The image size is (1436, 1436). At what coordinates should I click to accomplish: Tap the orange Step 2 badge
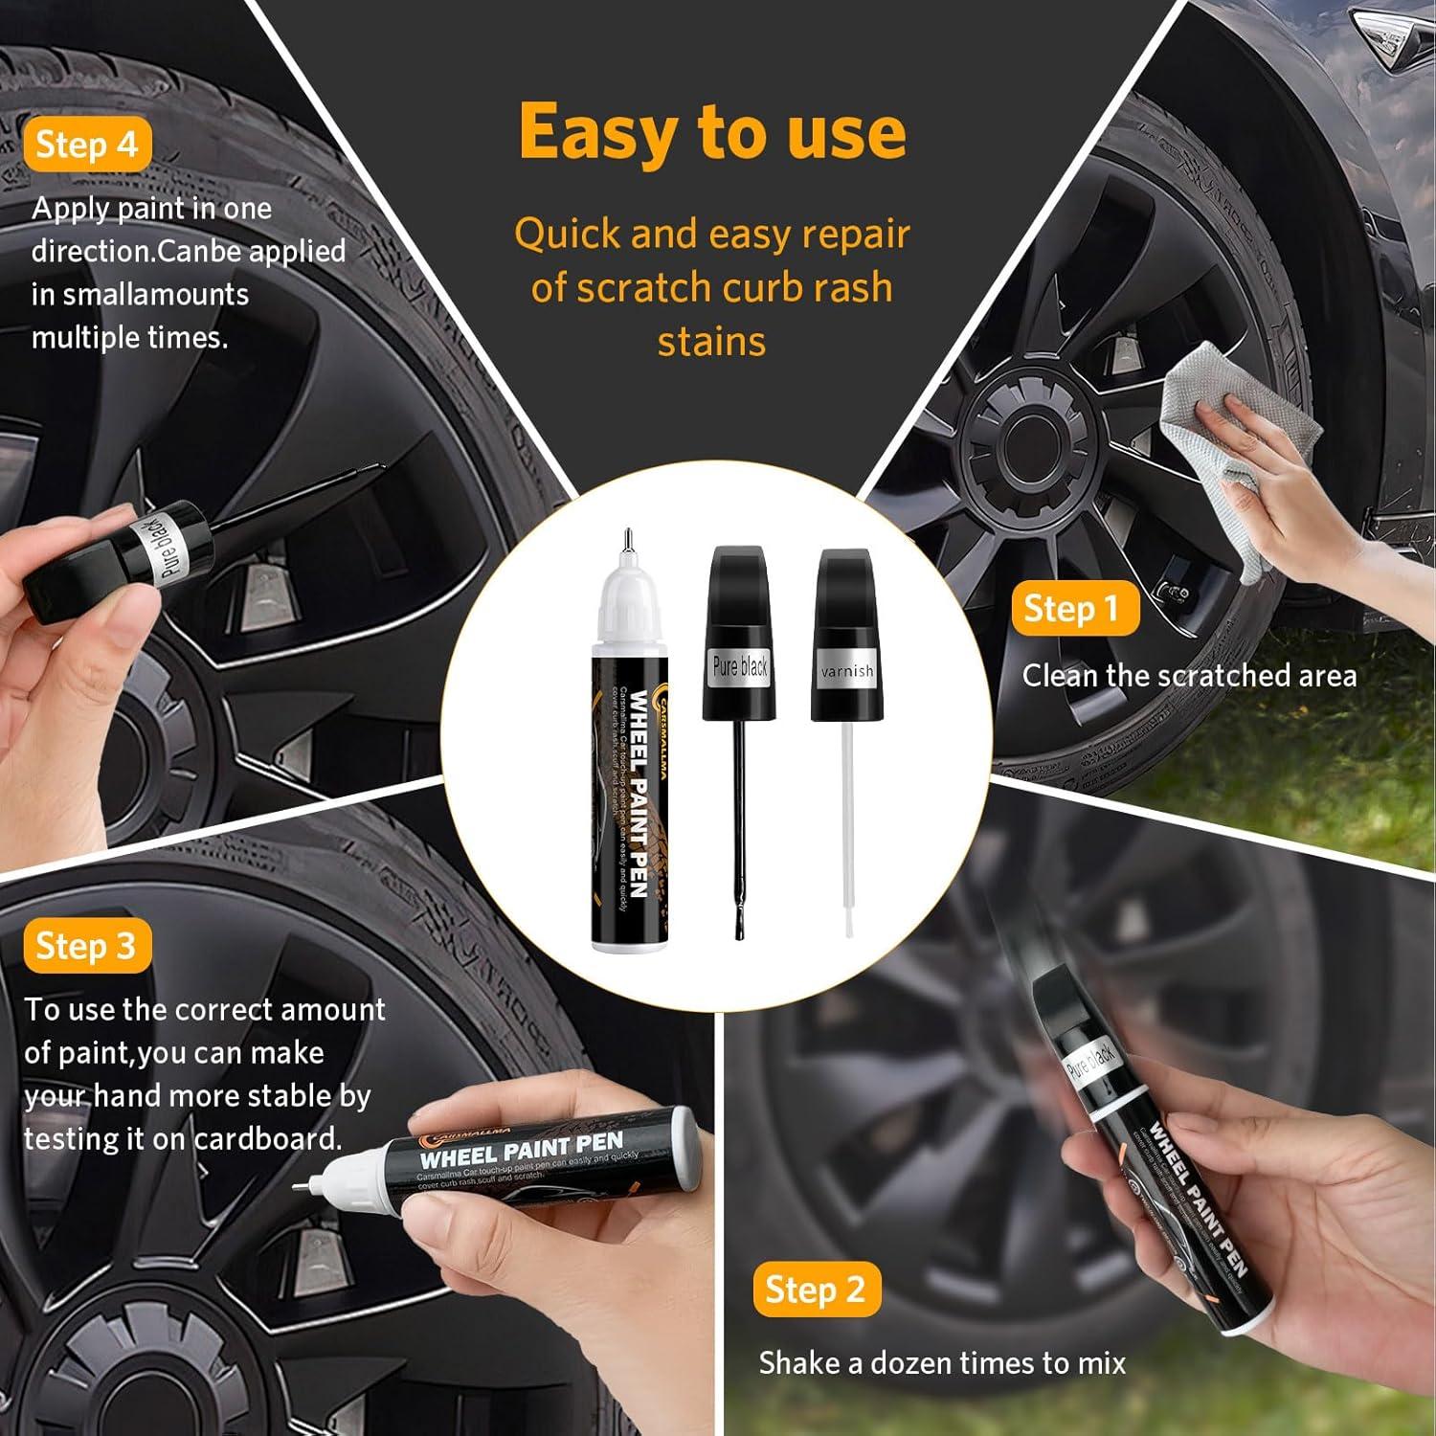pos(816,1290)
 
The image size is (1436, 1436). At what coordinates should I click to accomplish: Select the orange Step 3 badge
pos(86,946)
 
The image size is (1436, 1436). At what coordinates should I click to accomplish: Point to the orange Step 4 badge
pos(87,145)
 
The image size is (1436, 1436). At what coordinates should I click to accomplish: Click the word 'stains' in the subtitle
pos(711,342)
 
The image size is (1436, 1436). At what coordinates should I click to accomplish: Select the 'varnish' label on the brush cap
pos(847,671)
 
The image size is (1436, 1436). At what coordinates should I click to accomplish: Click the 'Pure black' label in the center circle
pos(739,665)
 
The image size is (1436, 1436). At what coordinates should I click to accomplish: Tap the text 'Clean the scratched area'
pos(1189,676)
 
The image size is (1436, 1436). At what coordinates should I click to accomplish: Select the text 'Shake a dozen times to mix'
pos(942,1362)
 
